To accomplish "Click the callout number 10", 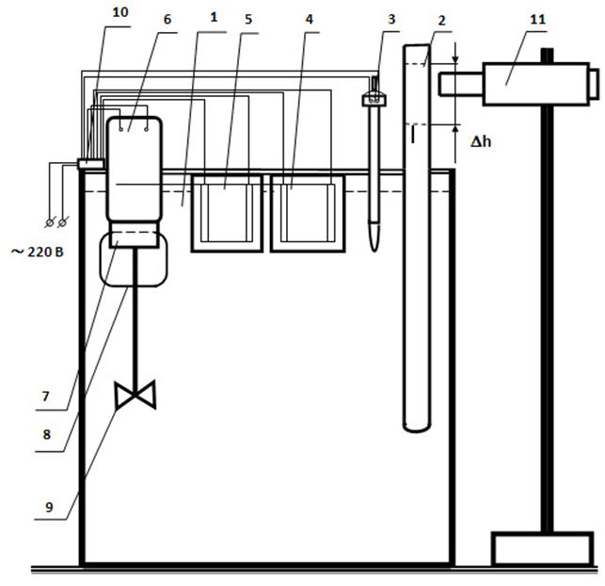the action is [120, 12].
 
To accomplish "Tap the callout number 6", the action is [167, 20].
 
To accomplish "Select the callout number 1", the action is [214, 17].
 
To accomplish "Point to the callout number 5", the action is [248, 20].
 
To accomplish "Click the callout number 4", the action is [309, 20].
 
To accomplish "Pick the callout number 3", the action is [391, 19].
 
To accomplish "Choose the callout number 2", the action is [442, 21].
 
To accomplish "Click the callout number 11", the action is [538, 20].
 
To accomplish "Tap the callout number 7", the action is [45, 397].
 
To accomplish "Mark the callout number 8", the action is [47, 434].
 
